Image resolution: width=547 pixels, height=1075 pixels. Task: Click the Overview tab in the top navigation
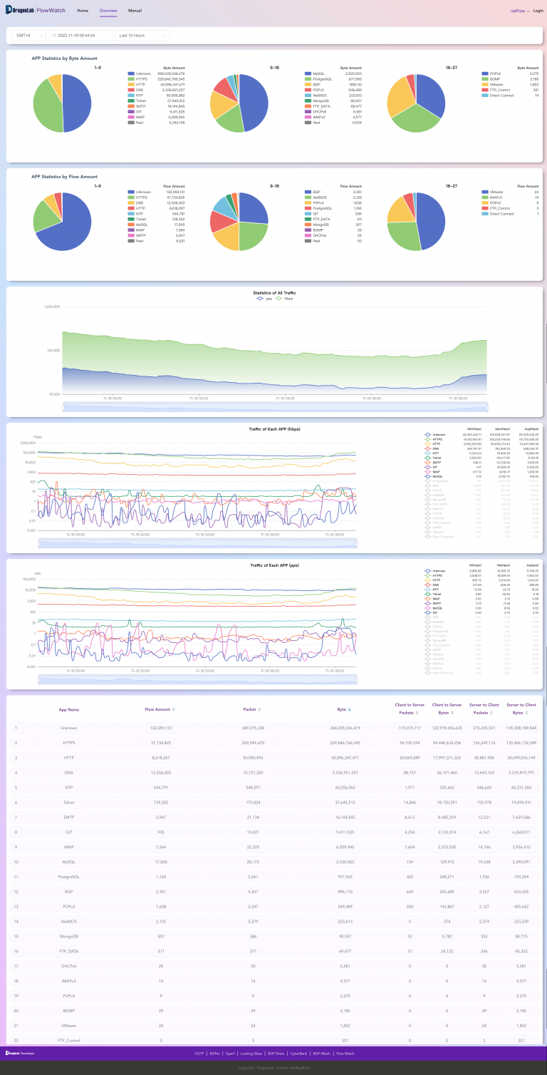[108, 11]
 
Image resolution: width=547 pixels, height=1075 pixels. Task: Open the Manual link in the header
[135, 11]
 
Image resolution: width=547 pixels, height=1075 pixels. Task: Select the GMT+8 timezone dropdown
[28, 35]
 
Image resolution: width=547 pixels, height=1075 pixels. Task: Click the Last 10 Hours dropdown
[142, 35]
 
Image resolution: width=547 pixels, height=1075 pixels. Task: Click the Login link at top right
[538, 11]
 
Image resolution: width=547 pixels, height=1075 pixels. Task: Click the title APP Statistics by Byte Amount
[64, 58]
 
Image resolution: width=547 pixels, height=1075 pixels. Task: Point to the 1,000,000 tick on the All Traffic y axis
[51, 307]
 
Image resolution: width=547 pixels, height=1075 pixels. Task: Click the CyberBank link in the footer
[298, 1053]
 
